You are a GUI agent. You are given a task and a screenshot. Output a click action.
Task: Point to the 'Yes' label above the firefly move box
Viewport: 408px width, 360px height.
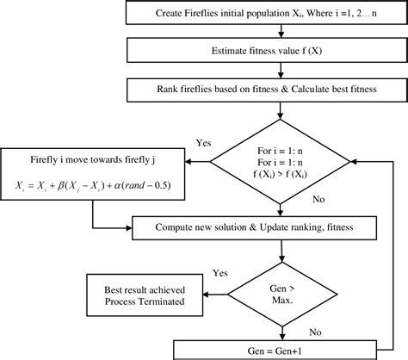(x=205, y=143)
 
